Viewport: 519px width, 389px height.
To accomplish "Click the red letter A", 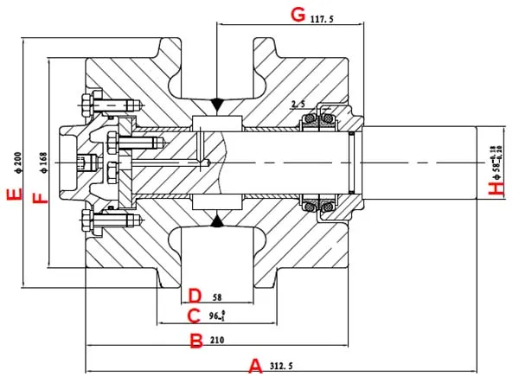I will [255, 366].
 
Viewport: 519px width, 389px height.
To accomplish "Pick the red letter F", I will [37, 199].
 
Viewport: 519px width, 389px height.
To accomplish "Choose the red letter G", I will [298, 15].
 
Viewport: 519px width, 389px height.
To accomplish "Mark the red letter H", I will [496, 188].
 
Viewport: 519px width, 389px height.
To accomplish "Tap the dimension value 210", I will [217, 341].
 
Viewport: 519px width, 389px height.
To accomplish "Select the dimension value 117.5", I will [322, 17].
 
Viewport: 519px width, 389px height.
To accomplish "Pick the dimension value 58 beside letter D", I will [217, 297].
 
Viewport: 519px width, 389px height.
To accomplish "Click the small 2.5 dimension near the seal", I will [298, 105].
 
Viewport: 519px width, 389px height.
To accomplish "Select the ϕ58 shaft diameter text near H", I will [496, 163].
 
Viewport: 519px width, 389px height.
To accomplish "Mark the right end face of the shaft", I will [477, 163].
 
